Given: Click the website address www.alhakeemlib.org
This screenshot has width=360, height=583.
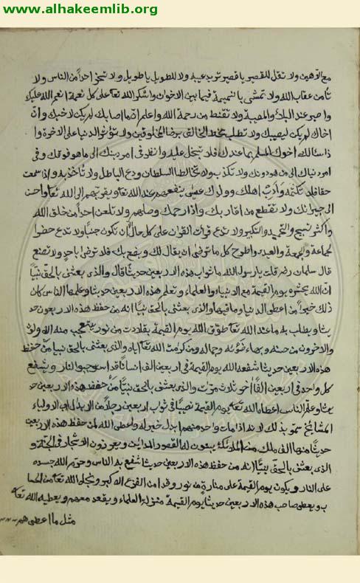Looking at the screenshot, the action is [80, 9].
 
